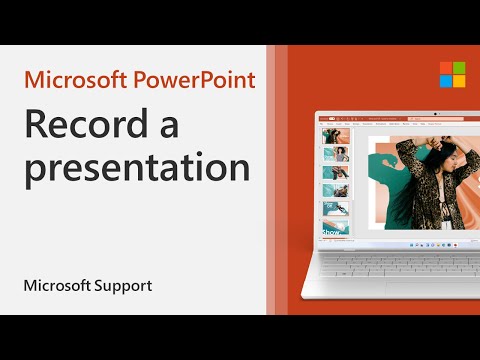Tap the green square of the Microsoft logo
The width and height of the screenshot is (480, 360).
[x=458, y=67]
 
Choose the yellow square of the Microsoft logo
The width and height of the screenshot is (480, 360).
[x=458, y=81]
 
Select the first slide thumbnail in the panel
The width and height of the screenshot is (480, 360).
[x=330, y=132]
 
